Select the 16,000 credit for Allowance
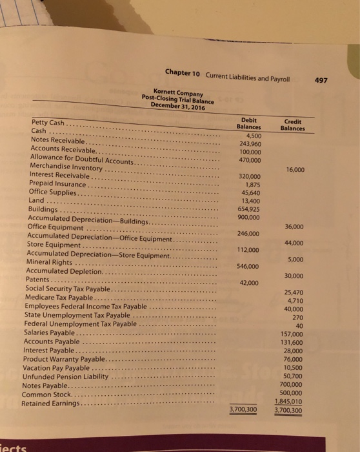(294, 170)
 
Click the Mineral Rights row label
(48, 262)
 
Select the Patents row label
(39, 280)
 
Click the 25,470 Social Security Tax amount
(293, 293)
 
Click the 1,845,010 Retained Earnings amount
(288, 400)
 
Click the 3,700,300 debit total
(243, 409)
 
